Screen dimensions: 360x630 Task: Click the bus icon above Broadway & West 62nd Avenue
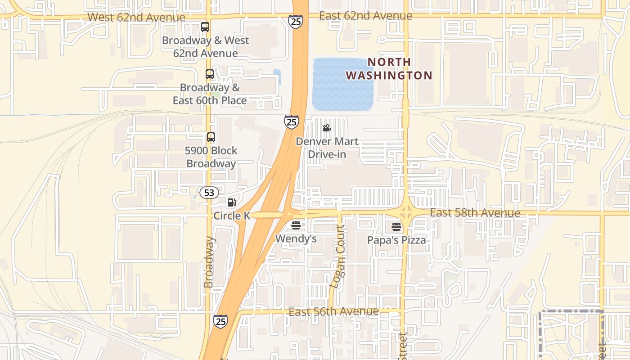(x=205, y=27)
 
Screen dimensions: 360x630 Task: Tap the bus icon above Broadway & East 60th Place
(x=210, y=74)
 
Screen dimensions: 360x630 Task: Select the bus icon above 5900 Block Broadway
(x=211, y=137)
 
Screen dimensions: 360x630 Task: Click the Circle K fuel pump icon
(x=232, y=202)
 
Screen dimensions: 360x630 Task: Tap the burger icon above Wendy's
(x=296, y=225)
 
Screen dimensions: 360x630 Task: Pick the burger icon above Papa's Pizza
(x=396, y=226)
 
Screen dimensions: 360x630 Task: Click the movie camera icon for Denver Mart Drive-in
(x=327, y=128)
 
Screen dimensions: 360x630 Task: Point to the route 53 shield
(x=209, y=193)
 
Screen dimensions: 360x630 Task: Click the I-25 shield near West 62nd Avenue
(x=296, y=22)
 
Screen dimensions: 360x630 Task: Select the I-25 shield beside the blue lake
(x=291, y=121)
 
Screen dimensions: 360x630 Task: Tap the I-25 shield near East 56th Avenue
(x=220, y=321)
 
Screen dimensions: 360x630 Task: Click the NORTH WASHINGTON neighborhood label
(x=389, y=68)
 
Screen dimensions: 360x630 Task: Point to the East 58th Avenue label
(x=475, y=213)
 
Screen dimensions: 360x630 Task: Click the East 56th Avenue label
(x=333, y=312)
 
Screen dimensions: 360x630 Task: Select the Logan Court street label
(x=338, y=256)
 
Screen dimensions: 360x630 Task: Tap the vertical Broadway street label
(x=208, y=262)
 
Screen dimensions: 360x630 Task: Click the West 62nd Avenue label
(x=136, y=18)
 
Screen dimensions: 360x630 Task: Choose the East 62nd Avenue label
(x=365, y=16)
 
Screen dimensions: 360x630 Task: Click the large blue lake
(x=343, y=85)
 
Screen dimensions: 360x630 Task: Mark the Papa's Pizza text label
(x=396, y=240)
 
